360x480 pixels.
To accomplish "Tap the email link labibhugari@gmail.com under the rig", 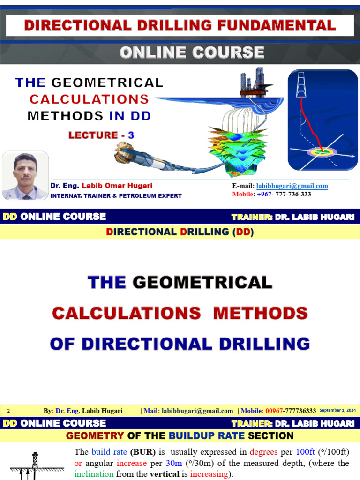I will (x=292, y=186).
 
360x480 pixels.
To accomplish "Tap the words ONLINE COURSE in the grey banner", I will (x=192, y=52).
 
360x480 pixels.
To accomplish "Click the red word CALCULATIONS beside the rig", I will (x=89, y=99).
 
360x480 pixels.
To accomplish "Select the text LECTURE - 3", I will (x=101, y=135).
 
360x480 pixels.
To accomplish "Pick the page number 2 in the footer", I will (x=8, y=411).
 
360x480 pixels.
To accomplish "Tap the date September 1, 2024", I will (x=337, y=411).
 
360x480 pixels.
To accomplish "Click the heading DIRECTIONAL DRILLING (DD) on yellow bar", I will (x=180, y=232).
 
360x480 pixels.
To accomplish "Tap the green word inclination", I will (x=94, y=474).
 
